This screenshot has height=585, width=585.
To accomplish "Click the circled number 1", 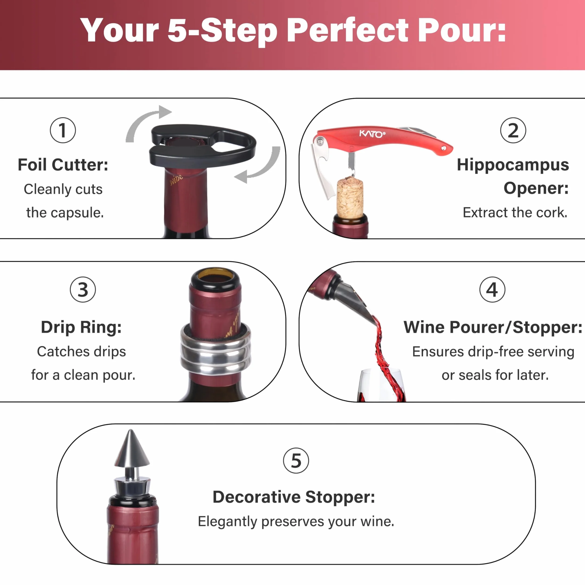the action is pyautogui.click(x=63, y=130).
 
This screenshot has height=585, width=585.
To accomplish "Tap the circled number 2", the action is pyautogui.click(x=513, y=130).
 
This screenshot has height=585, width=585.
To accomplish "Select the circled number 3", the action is pyautogui.click(x=83, y=289).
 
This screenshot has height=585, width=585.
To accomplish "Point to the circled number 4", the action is pyautogui.click(x=492, y=289).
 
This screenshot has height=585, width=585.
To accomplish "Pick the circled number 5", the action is pyautogui.click(x=296, y=461).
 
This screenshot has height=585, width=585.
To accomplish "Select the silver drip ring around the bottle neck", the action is pyautogui.click(x=216, y=351).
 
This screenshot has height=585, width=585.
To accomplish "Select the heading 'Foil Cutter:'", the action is pyautogui.click(x=63, y=165).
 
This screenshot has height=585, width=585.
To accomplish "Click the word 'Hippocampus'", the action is pyautogui.click(x=513, y=165).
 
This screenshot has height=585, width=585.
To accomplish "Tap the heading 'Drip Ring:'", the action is pyautogui.click(x=81, y=327).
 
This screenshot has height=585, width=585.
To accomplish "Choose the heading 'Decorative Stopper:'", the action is pyautogui.click(x=294, y=497).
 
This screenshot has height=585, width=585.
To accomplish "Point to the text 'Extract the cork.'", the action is pyautogui.click(x=515, y=212).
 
